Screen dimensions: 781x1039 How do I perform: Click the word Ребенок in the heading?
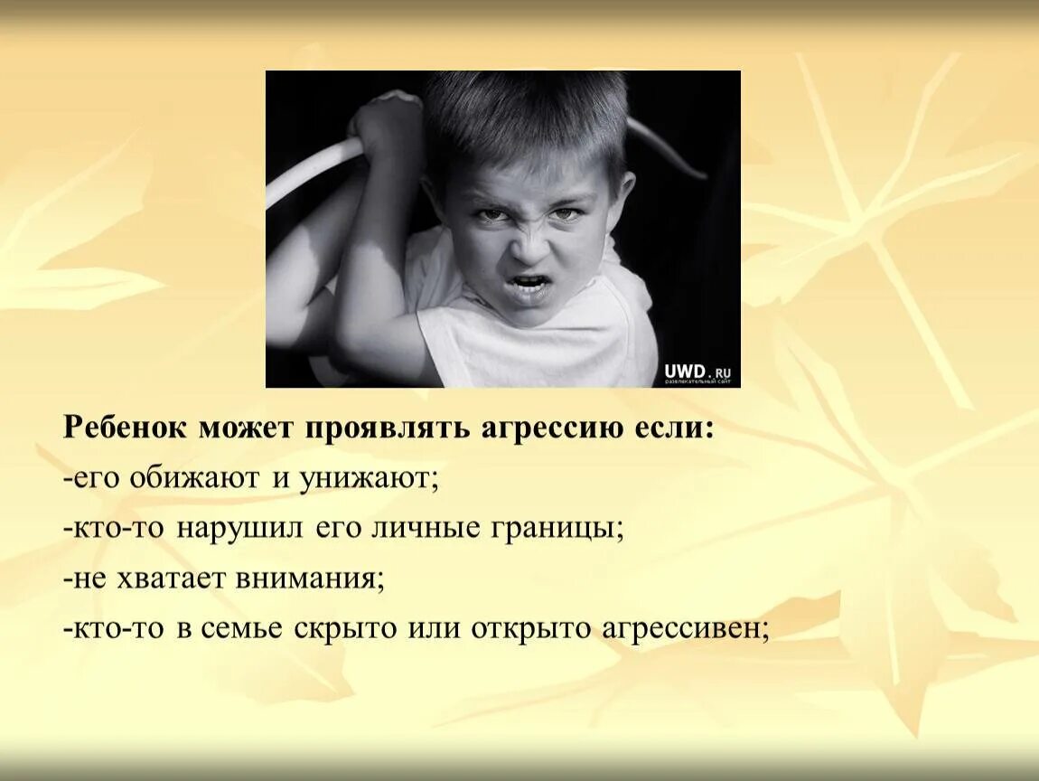tap(125, 428)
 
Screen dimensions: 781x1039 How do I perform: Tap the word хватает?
tap(168, 578)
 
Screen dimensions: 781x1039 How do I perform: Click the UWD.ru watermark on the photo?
tap(697, 371)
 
